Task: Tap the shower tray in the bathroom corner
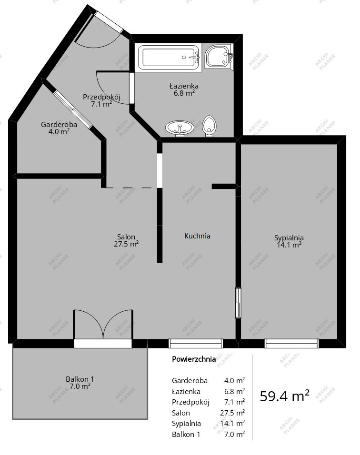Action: [219, 58]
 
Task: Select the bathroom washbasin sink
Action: [180, 128]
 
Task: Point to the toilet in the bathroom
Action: [209, 126]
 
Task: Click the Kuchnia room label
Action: [197, 236]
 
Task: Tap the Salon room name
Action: [126, 237]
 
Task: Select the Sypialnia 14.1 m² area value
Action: [289, 245]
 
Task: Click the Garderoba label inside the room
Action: [59, 125]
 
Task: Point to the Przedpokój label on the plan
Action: [101, 97]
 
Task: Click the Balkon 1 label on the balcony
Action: [80, 379]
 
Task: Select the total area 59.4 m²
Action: [285, 396]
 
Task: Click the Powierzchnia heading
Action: [194, 359]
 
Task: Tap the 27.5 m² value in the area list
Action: [234, 413]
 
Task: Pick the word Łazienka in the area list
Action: [185, 391]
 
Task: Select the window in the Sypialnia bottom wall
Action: [291, 343]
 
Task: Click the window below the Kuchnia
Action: [196, 343]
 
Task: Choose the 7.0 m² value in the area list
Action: [234, 434]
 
